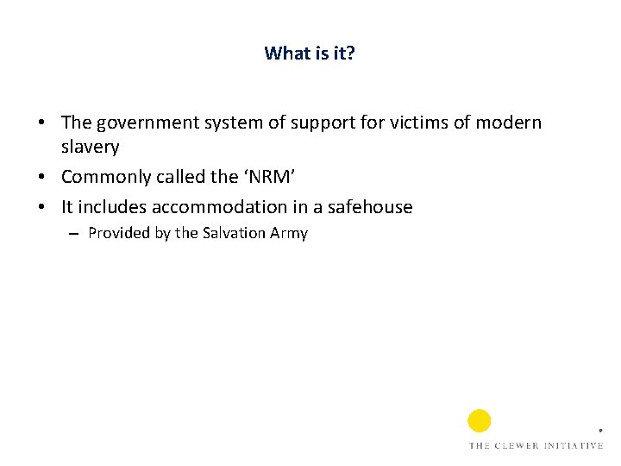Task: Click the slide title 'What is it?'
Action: pyautogui.click(x=310, y=54)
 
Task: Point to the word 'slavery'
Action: pyautogui.click(x=90, y=147)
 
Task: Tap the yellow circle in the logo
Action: pyautogui.click(x=480, y=421)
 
